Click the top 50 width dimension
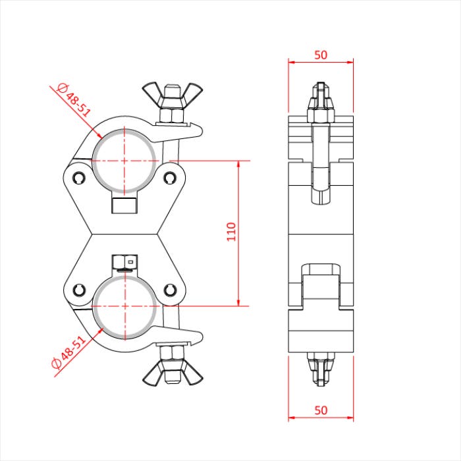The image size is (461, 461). click(321, 55)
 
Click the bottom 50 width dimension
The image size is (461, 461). click(321, 410)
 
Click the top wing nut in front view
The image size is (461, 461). click(172, 95)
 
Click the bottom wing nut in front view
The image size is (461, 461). click(172, 367)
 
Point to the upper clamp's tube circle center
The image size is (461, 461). click(124, 159)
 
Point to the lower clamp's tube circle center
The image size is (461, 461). click(124, 306)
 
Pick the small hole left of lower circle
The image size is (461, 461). click(80, 289)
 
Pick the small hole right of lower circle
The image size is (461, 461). click(170, 289)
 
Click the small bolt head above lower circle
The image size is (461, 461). click(123, 263)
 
